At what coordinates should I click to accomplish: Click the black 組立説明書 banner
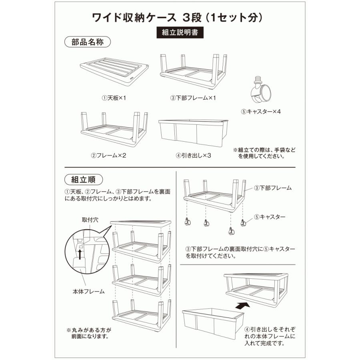click(x=180, y=32)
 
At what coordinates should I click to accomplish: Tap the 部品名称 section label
click(x=88, y=42)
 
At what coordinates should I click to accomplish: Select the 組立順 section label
click(x=83, y=180)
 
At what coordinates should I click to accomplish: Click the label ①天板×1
click(x=114, y=98)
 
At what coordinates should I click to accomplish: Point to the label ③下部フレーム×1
click(x=193, y=98)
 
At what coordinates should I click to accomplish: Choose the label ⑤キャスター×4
click(x=261, y=112)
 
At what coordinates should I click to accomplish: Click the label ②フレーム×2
click(x=108, y=156)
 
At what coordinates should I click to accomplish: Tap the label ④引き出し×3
click(x=193, y=156)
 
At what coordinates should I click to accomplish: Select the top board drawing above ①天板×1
click(x=114, y=71)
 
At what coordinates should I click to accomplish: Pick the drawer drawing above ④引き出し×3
click(x=193, y=133)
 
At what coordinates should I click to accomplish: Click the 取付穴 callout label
click(x=90, y=220)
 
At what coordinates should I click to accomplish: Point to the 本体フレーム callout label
click(x=89, y=292)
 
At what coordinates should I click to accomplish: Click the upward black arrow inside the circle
click(x=80, y=254)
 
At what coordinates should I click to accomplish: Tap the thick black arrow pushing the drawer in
click(x=243, y=306)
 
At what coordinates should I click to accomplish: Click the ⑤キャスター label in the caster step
click(x=270, y=217)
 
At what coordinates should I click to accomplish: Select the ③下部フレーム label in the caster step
click(x=273, y=188)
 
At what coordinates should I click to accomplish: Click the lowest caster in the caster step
click(x=232, y=231)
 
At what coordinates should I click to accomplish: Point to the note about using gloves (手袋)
click(x=264, y=153)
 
